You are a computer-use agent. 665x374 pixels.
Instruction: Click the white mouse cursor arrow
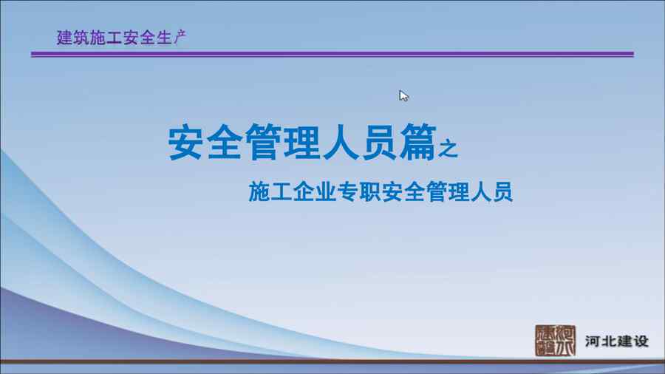tap(403, 96)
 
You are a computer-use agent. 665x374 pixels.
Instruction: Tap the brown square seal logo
tap(555, 341)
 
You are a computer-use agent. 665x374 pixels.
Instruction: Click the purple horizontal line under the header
tap(332, 54)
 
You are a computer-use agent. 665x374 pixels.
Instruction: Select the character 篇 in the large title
tap(418, 142)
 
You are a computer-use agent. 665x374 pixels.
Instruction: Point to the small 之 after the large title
tap(449, 149)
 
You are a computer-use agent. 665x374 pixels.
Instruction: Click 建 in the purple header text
tap(64, 38)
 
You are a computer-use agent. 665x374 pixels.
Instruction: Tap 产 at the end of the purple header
tap(180, 38)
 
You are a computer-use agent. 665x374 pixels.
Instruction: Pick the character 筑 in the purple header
tap(81, 38)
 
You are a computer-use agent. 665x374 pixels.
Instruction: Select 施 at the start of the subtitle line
tap(259, 191)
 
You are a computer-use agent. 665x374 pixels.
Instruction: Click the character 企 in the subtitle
tap(303, 191)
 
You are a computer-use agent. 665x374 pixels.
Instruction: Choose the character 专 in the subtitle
tap(347, 191)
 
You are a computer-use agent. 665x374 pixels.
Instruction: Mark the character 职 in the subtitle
tap(369, 191)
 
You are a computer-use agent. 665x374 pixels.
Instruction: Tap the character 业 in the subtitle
tap(325, 191)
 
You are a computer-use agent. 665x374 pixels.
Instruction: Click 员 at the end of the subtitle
tap(502, 191)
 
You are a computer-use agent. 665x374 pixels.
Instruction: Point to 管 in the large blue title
tap(263, 142)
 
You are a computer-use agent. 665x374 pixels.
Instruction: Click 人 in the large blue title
tap(341, 142)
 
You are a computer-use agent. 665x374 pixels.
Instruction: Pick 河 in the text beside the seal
tap(593, 341)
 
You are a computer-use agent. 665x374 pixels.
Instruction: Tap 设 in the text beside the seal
tap(641, 341)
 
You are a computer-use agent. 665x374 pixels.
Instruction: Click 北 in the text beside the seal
tap(609, 341)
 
